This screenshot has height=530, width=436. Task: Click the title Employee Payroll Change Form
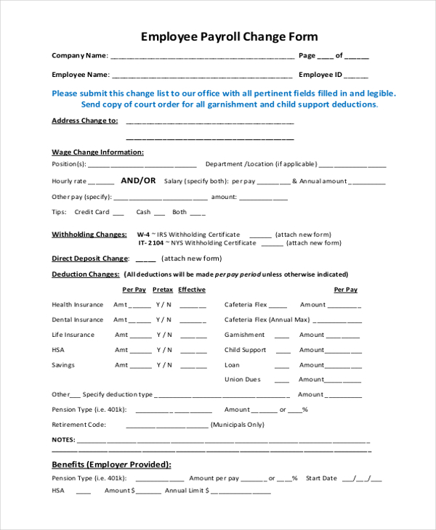(x=229, y=36)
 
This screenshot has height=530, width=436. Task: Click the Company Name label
(x=79, y=55)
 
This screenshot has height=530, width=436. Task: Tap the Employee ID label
(x=320, y=74)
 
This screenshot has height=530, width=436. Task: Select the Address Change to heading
(x=84, y=121)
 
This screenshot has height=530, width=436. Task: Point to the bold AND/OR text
(x=138, y=181)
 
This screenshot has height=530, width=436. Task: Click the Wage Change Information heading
(x=97, y=152)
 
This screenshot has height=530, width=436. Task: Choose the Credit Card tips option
(x=92, y=212)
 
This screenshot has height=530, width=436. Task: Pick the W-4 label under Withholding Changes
(x=143, y=235)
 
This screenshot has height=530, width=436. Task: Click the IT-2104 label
(x=152, y=243)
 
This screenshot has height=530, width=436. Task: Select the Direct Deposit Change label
(x=89, y=258)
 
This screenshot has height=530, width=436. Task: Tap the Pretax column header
(x=163, y=290)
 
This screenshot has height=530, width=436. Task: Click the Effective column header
(x=192, y=290)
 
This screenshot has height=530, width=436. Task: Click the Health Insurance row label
(x=78, y=305)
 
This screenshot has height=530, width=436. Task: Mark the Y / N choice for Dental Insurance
(x=164, y=319)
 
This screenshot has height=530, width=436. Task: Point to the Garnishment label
(x=245, y=335)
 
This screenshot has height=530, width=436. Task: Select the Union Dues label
(x=243, y=379)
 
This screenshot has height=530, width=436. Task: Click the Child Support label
(x=246, y=350)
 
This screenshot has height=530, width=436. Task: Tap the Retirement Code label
(x=78, y=425)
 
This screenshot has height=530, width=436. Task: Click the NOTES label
(x=63, y=440)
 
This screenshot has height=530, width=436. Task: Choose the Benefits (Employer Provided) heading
(x=111, y=464)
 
